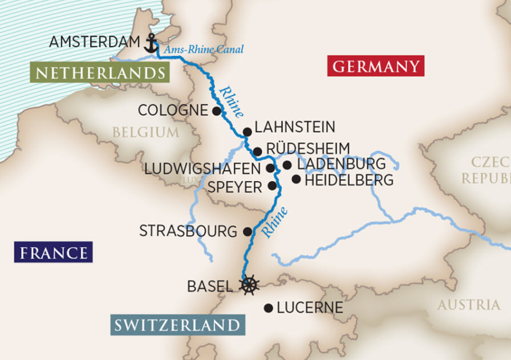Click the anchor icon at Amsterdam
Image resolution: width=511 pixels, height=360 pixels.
151,43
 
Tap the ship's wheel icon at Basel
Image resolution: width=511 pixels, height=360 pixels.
249,285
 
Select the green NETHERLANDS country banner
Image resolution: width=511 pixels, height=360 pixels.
100,72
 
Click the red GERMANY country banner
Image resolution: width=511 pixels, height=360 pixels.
376,66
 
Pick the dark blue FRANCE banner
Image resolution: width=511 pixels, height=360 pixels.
54,252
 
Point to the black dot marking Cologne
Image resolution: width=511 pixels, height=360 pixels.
216,111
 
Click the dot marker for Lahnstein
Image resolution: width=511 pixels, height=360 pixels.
247,132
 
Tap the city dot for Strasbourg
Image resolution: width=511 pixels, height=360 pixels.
248,232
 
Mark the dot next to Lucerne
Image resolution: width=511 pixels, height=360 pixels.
268,308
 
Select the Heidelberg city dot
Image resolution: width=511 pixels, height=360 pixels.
296,180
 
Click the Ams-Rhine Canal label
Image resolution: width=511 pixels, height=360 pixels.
204,50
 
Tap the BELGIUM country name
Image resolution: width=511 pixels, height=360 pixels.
145,132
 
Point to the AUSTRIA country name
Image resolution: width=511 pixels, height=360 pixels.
468,305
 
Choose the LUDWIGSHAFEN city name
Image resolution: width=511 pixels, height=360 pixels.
204,169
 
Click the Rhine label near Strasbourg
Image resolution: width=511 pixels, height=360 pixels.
274,222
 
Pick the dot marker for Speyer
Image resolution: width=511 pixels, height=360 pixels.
272,185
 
